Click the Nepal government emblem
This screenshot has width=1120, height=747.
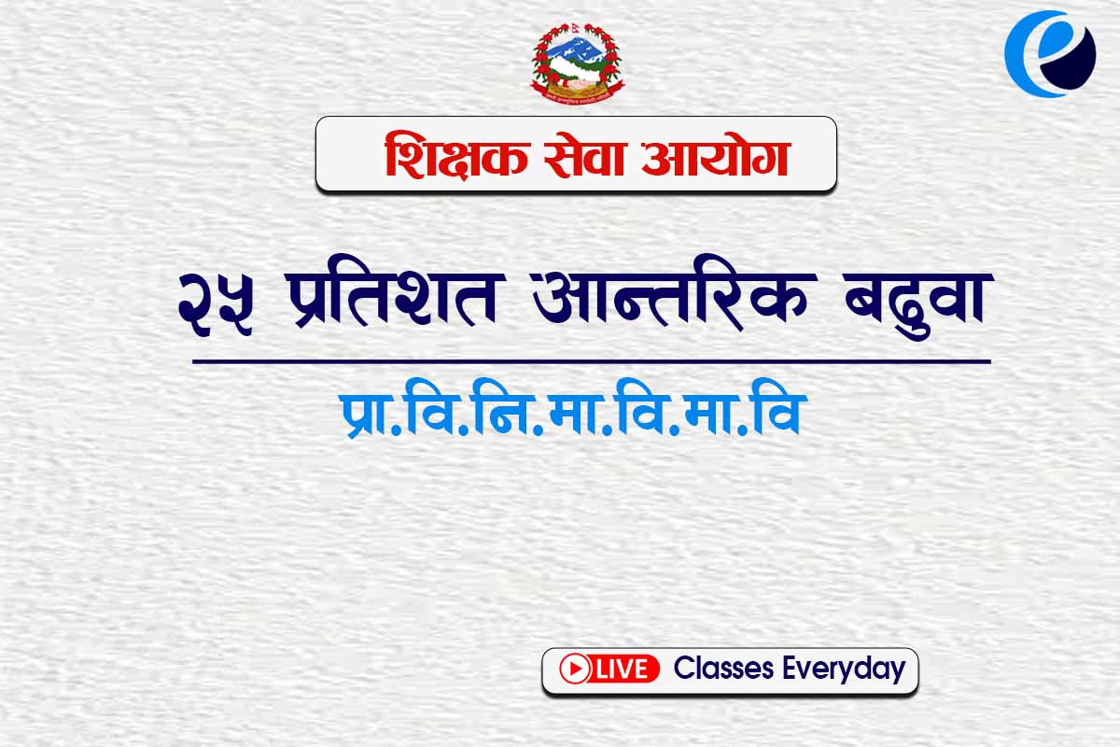click(x=578, y=63)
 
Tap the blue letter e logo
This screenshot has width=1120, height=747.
click(x=1051, y=53)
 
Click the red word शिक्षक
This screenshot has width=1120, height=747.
click(x=456, y=155)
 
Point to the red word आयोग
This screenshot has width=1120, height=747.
click(x=716, y=155)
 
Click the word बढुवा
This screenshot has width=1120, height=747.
click(x=918, y=305)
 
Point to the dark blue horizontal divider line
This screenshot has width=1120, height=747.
click(x=592, y=361)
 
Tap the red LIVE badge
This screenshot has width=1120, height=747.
click(x=609, y=669)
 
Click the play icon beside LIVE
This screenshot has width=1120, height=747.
click(x=575, y=669)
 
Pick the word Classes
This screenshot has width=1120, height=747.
click(x=723, y=668)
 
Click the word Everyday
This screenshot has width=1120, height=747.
click(x=845, y=669)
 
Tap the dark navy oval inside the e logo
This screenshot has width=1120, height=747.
click(x=1069, y=58)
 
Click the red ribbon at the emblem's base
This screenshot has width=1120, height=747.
click(x=578, y=96)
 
